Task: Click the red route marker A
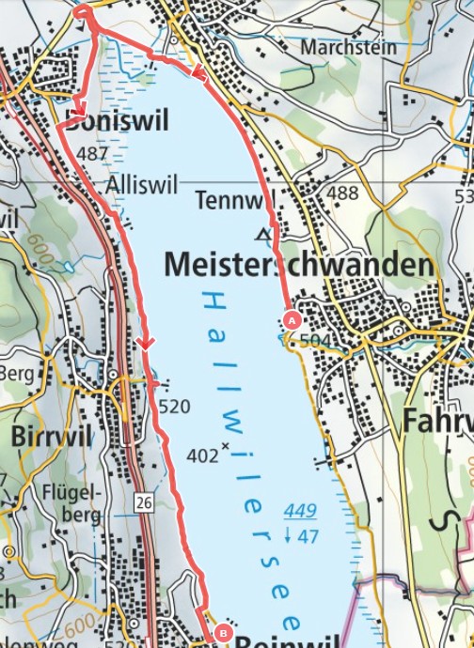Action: (291, 320)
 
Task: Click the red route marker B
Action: (222, 632)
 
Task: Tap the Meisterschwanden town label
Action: (298, 266)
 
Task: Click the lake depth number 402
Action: (199, 455)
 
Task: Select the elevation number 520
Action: (175, 407)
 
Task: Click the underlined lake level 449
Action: (300, 512)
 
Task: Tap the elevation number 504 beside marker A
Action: (314, 339)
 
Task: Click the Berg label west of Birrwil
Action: (16, 374)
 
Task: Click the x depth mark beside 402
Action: (224, 445)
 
